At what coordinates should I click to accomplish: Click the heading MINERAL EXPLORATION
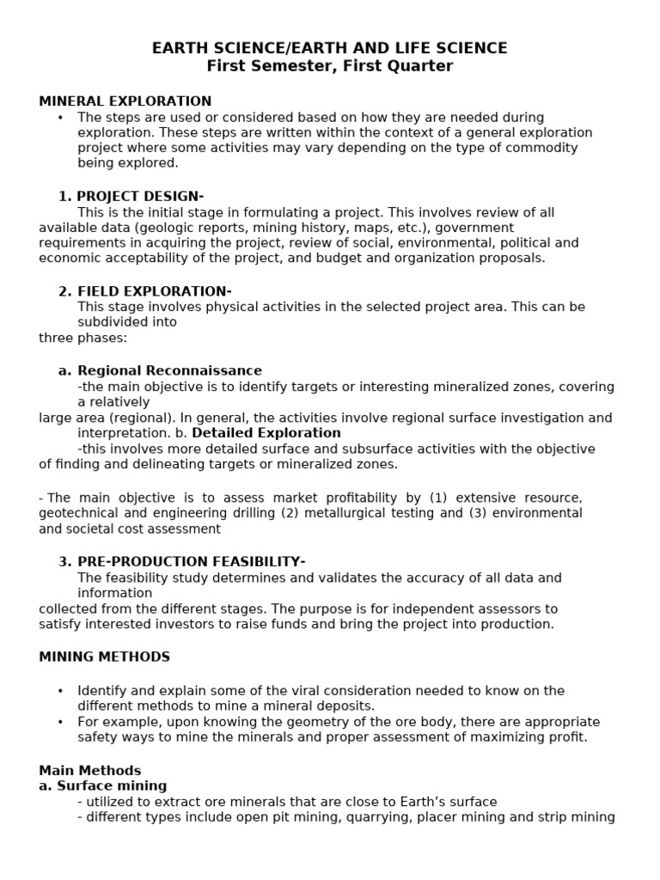pyautogui.click(x=125, y=101)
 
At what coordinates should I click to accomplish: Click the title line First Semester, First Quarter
pyautogui.click(x=329, y=66)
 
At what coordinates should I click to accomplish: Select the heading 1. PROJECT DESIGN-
pyautogui.click(x=131, y=196)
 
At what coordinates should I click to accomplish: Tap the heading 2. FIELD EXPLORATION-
pyautogui.click(x=144, y=290)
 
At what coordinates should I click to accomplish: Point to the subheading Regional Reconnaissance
pyautogui.click(x=169, y=370)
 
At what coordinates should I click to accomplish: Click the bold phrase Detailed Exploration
pyautogui.click(x=266, y=433)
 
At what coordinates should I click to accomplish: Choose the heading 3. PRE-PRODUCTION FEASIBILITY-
pyautogui.click(x=181, y=561)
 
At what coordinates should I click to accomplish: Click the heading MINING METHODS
pyautogui.click(x=104, y=657)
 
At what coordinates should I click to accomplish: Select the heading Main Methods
pyautogui.click(x=90, y=770)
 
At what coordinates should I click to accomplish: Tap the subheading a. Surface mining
pyautogui.click(x=103, y=785)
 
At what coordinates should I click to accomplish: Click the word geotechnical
pyautogui.click(x=80, y=513)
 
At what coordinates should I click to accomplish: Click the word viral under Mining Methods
pyautogui.click(x=272, y=691)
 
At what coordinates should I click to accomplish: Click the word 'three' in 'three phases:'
pyautogui.click(x=56, y=338)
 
